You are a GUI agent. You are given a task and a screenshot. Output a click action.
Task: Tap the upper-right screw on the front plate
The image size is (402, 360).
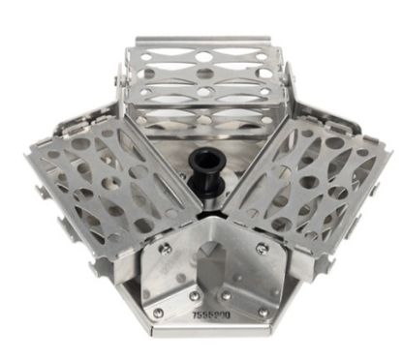point(261,248)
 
